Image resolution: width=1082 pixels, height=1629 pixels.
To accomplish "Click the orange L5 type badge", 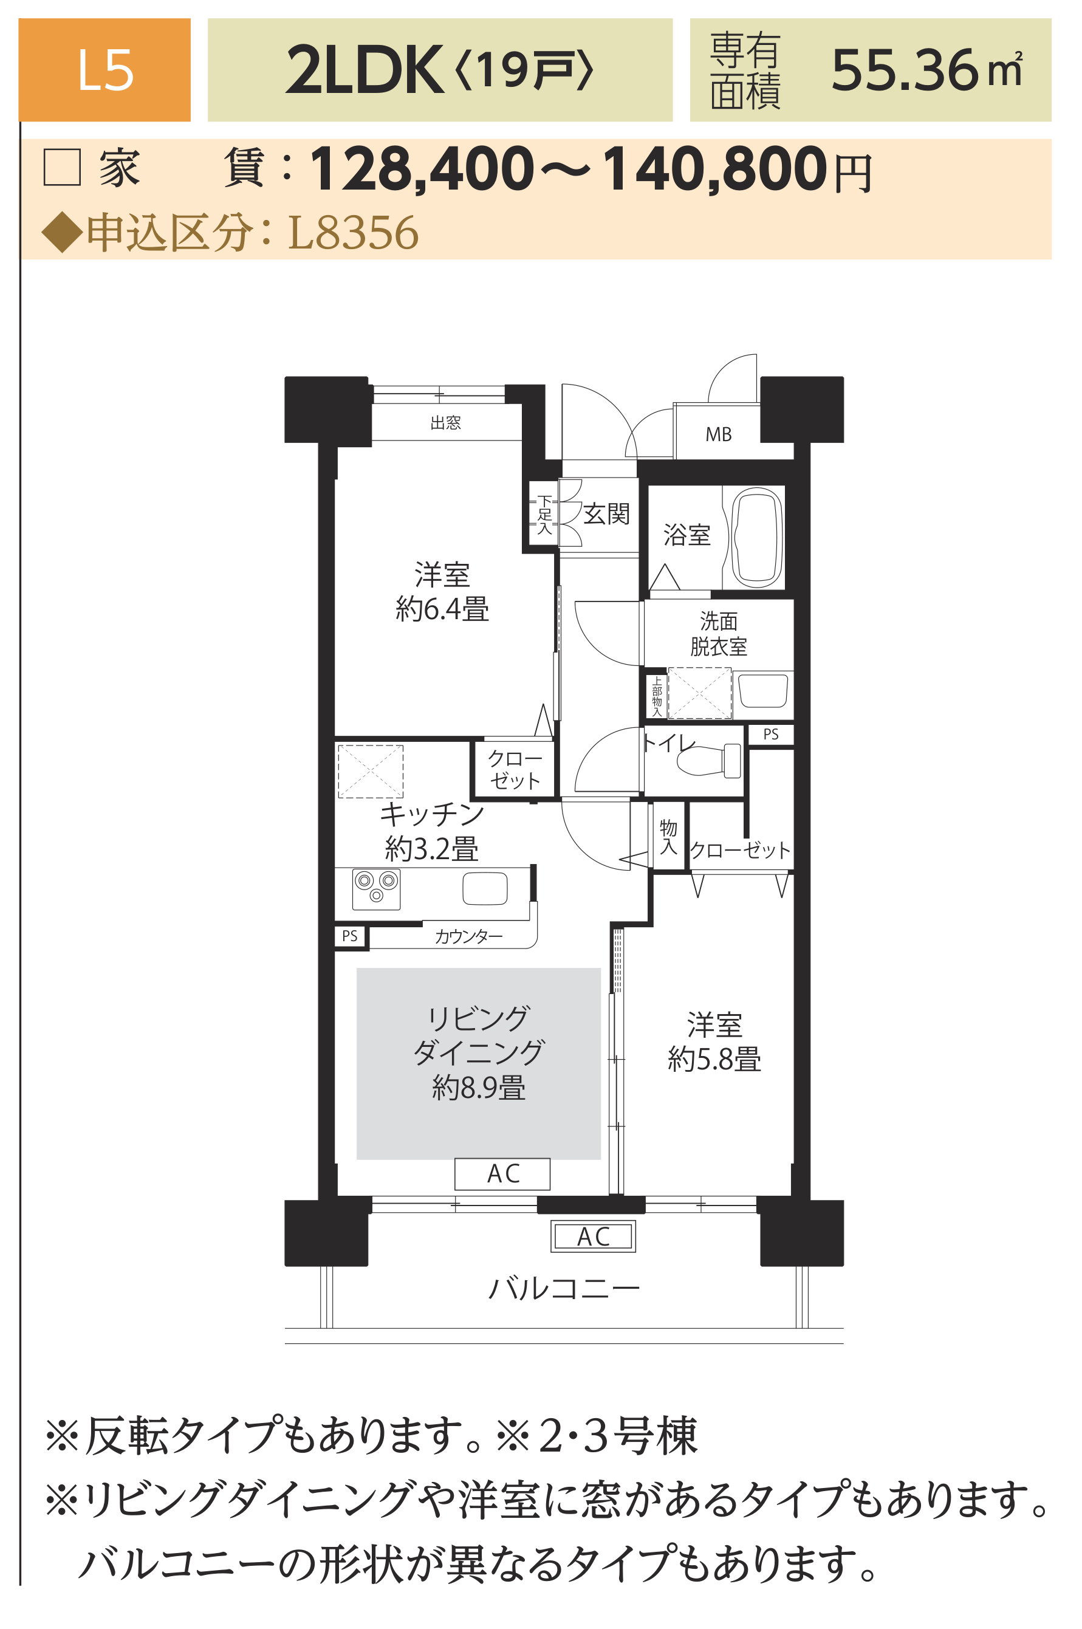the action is click(x=104, y=70).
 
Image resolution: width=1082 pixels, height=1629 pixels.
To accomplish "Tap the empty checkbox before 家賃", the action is click(x=63, y=167).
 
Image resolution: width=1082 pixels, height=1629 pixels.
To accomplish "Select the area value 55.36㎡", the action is click(x=926, y=70).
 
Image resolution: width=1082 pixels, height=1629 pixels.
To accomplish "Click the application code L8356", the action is click(x=352, y=232).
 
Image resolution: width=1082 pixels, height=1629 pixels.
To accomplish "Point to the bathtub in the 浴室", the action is click(x=757, y=538).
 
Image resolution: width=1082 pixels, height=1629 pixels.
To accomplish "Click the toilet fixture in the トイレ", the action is click(x=709, y=760).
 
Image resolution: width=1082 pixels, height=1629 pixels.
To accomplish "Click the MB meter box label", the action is click(x=718, y=434).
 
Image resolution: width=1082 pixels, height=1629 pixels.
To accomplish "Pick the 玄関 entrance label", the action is click(x=606, y=513).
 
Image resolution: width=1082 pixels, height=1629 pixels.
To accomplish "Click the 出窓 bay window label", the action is click(x=445, y=422).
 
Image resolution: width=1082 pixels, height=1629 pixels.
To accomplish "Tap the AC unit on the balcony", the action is click(x=593, y=1236).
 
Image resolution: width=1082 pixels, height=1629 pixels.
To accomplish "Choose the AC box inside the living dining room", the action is click(x=502, y=1174).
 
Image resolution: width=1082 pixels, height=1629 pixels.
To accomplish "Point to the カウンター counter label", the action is click(x=468, y=936).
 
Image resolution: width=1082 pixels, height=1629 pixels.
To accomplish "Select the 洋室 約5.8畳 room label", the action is click(x=714, y=1042).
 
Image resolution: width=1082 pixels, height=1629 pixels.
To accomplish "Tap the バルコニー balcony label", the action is click(x=564, y=1289).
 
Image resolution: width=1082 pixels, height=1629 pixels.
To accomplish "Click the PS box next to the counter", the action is click(x=350, y=936).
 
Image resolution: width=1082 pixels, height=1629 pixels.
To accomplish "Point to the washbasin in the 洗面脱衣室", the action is click(x=762, y=691).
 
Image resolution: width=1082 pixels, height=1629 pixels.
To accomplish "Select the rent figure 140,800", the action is click(x=714, y=168).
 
